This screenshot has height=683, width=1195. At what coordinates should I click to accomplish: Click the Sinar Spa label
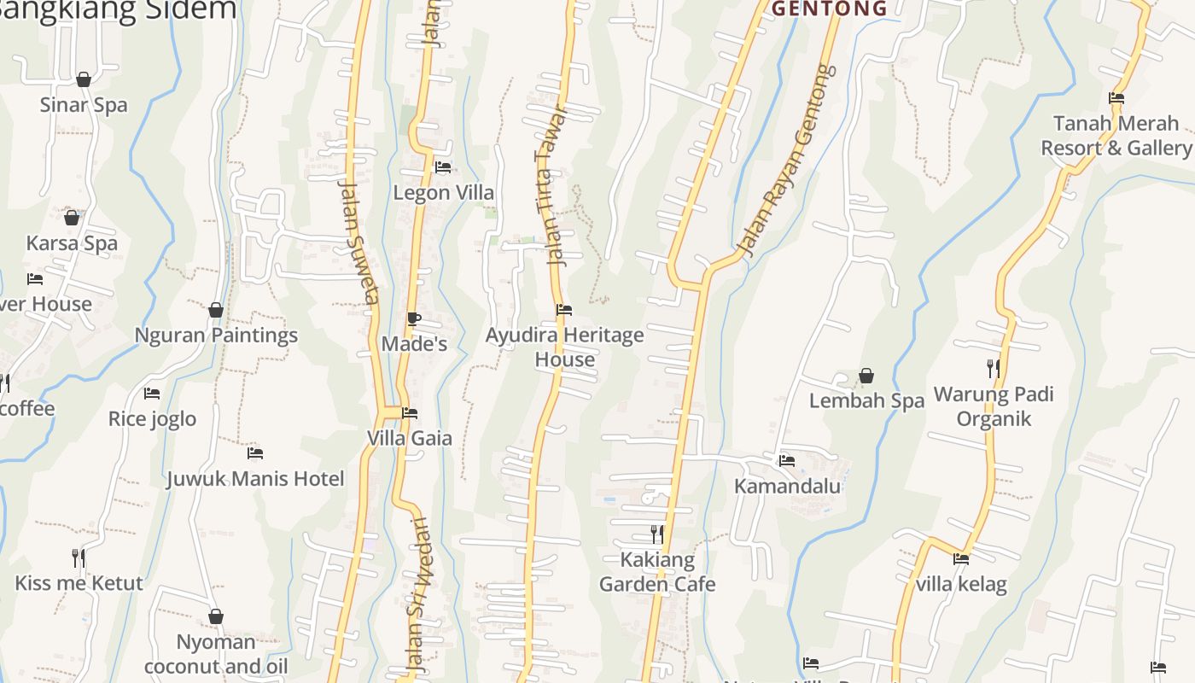tap(84, 105)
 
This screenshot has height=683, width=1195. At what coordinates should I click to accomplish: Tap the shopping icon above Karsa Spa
tap(72, 218)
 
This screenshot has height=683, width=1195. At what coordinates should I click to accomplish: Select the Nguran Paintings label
tap(216, 335)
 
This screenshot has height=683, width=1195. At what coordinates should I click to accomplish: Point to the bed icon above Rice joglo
tap(152, 394)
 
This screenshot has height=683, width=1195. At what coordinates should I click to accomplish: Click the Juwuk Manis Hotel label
tap(255, 478)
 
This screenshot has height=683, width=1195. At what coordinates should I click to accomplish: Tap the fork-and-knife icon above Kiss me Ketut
tap(79, 558)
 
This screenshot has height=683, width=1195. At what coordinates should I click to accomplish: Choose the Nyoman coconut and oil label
tap(216, 654)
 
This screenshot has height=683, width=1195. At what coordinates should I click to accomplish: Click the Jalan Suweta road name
tap(358, 241)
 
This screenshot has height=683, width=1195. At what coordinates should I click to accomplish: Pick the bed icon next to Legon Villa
tap(443, 167)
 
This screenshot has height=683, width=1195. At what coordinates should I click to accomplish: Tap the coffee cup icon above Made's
tap(413, 319)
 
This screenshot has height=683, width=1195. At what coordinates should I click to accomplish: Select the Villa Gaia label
tap(410, 438)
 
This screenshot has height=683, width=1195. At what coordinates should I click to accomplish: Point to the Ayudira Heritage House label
tap(564, 347)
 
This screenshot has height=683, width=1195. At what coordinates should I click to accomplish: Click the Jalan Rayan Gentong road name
tap(785, 161)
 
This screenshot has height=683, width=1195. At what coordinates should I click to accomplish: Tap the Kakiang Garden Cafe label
tap(657, 572)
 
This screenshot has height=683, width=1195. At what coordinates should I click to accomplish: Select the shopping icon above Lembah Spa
tap(866, 376)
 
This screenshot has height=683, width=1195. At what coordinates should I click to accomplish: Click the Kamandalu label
tap(788, 486)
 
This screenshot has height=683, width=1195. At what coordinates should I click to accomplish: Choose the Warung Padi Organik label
tap(994, 406)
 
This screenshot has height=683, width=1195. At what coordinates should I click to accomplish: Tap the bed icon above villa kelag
tap(961, 559)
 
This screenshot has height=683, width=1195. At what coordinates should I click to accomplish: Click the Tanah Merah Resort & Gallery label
tap(1116, 136)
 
